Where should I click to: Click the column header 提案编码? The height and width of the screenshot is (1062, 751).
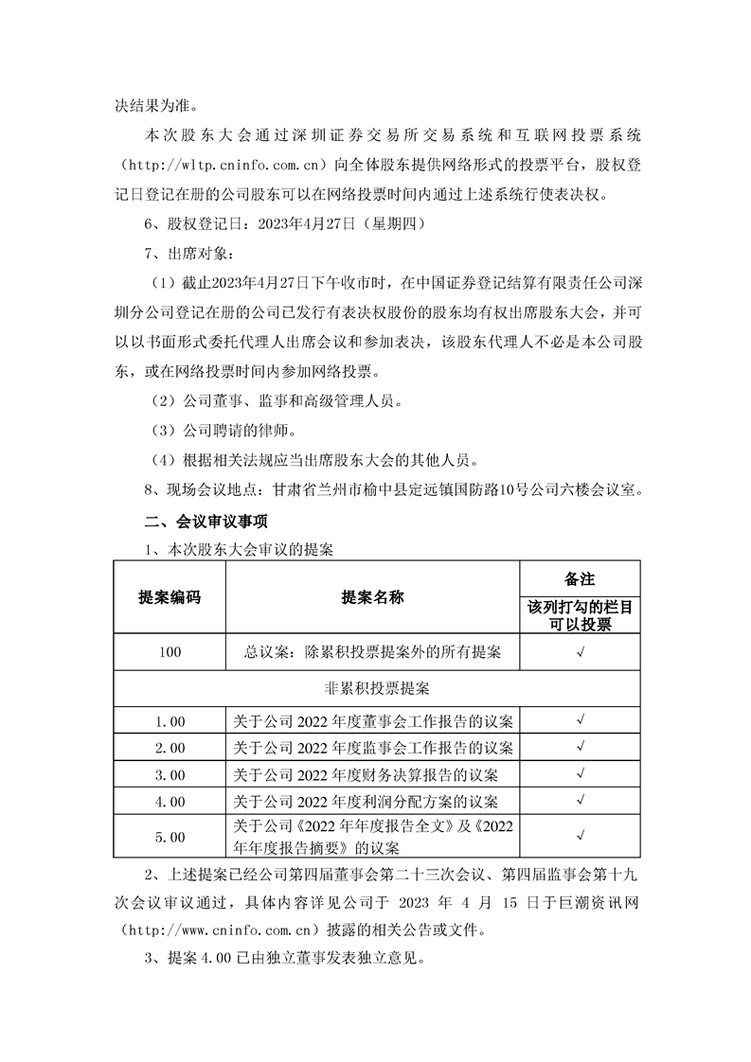[170, 597]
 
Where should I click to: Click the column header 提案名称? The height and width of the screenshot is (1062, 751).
[372, 597]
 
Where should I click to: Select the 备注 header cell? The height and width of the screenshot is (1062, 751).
[579, 578]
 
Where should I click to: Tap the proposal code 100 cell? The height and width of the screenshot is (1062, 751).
[170, 652]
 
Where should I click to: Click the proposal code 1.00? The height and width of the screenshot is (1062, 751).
[170, 720]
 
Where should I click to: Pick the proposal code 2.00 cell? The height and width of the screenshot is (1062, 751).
[170, 748]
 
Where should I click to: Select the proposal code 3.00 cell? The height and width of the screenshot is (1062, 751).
[170, 775]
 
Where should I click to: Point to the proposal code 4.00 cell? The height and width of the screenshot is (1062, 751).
[170, 802]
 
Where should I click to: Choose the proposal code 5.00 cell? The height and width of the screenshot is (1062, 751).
[170, 836]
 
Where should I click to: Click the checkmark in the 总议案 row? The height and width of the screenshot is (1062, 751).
[579, 652]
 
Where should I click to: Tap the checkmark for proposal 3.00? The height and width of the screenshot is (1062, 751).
[579, 775]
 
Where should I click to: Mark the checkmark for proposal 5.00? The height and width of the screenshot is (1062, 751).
[579, 836]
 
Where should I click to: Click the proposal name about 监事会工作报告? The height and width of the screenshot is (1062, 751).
[372, 748]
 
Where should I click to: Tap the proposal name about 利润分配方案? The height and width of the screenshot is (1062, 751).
[372, 802]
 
